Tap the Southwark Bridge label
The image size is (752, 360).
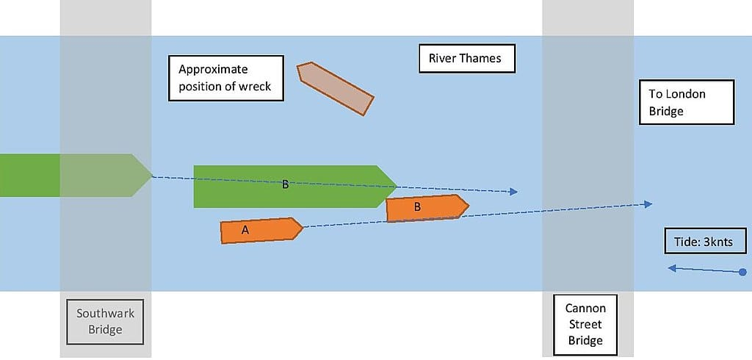105,322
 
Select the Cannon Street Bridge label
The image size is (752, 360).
585,324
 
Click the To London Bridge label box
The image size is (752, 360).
686,103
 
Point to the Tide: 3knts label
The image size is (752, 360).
704,241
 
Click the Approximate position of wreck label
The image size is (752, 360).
225,78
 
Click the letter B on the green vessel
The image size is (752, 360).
286,185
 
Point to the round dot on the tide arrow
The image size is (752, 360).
743,273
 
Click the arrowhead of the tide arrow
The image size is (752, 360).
671,269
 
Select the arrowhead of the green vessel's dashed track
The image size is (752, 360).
514,192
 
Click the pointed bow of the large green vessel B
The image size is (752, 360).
394,185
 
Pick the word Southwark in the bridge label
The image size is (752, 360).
105,314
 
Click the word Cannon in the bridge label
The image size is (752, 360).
585,309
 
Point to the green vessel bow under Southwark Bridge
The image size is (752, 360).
142,176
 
